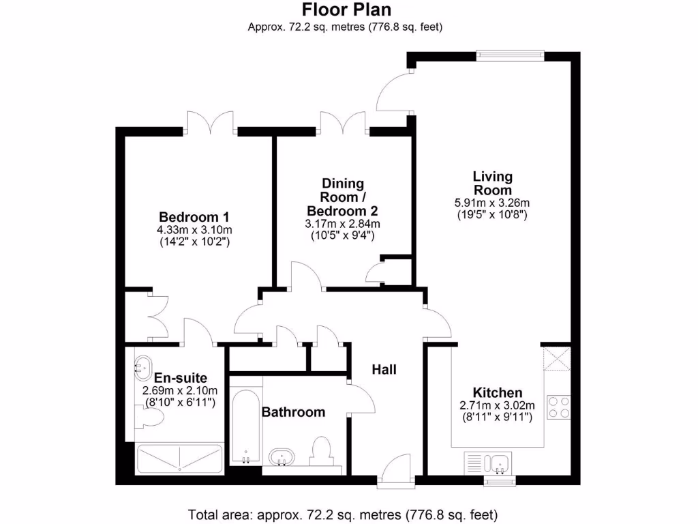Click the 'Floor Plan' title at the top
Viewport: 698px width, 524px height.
point(346,10)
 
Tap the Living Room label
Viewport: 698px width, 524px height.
point(492,184)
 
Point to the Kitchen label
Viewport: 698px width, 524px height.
point(498,392)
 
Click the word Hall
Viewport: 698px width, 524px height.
point(384,370)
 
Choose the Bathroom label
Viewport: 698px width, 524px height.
point(293,412)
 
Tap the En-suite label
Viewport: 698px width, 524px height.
point(180,377)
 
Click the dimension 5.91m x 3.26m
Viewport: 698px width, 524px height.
point(492,203)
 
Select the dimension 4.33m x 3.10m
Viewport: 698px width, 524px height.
point(194,229)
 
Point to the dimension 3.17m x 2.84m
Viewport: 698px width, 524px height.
point(342,224)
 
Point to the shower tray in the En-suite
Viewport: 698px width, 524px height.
point(180,458)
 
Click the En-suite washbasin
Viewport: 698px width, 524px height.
point(144,368)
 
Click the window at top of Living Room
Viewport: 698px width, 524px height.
point(510,55)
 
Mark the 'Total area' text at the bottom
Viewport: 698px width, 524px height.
point(343,513)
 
